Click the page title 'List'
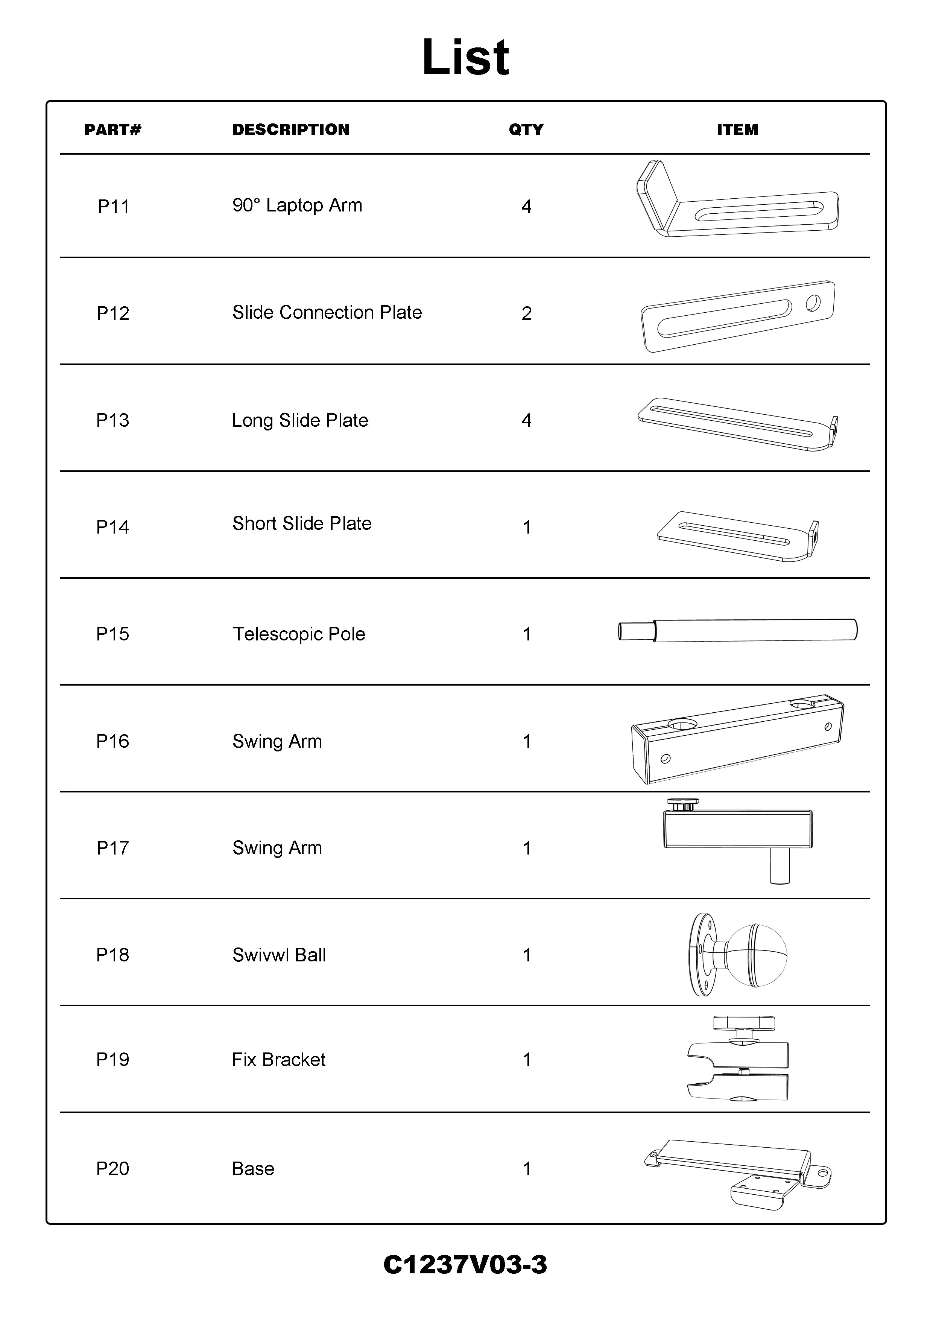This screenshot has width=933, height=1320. [466, 58]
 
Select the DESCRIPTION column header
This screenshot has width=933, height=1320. [291, 130]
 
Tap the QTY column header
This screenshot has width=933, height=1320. [526, 130]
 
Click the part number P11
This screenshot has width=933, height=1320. [113, 207]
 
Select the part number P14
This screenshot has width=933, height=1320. [112, 527]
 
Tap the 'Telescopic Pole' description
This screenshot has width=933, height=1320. [299, 634]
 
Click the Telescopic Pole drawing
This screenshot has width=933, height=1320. [737, 630]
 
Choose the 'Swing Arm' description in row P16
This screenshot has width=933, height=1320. [277, 741]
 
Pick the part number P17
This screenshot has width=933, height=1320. [112, 848]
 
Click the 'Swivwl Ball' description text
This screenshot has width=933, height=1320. [279, 955]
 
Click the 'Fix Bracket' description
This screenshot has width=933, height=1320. [278, 1060]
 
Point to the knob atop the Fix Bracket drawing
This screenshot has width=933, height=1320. [743, 1024]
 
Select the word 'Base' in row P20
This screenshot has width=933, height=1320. [253, 1169]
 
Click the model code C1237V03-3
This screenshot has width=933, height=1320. [465, 1265]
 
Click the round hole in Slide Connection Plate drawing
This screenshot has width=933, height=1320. [813, 303]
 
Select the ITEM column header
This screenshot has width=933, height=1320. [737, 130]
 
